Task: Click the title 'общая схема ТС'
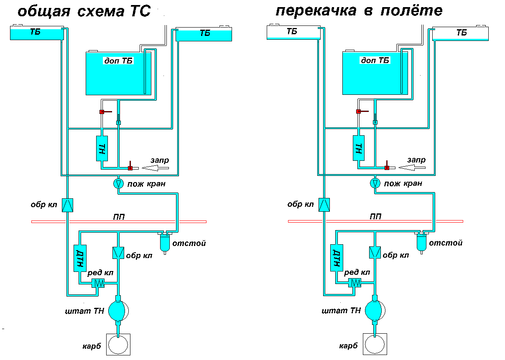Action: click(x=84, y=11)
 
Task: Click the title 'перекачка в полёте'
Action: click(x=359, y=10)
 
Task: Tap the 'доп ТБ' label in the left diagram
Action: click(x=118, y=61)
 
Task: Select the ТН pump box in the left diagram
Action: click(x=102, y=148)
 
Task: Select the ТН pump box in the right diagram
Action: click(x=358, y=148)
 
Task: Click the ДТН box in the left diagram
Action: click(x=80, y=258)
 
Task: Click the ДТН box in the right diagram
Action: click(x=337, y=258)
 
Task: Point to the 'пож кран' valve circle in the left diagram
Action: click(x=118, y=184)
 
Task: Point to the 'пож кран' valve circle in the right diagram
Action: click(x=375, y=183)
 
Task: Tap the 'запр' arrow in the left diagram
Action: click(x=155, y=168)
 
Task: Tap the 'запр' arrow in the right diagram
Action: click(x=412, y=167)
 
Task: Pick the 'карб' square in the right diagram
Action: click(x=375, y=344)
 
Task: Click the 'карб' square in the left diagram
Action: click(x=118, y=345)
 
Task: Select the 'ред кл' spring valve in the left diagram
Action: click(x=98, y=283)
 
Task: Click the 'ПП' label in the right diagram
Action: click(x=375, y=217)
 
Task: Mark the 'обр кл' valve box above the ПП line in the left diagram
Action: click(x=67, y=205)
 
